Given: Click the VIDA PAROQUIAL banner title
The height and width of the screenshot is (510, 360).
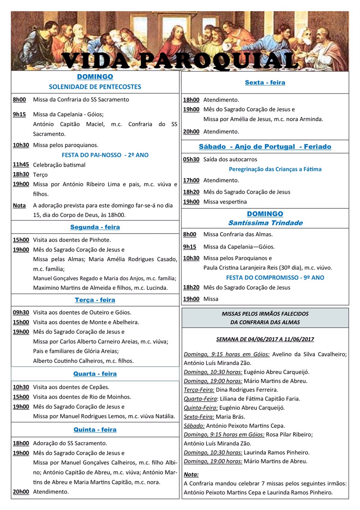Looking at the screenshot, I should pyautogui.click(x=180, y=60).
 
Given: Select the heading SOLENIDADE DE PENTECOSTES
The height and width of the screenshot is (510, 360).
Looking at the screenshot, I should pyautogui.click(x=95, y=87).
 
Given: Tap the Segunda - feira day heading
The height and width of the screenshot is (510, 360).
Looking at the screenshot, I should pyautogui.click(x=95, y=227).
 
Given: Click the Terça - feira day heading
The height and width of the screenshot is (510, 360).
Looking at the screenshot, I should pyautogui.click(x=95, y=300).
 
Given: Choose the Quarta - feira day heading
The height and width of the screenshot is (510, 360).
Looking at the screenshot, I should pyautogui.click(x=95, y=374).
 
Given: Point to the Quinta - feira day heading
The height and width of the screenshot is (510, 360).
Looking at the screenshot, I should pyautogui.click(x=95, y=430).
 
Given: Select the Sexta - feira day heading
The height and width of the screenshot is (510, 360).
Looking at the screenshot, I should pyautogui.click(x=265, y=83).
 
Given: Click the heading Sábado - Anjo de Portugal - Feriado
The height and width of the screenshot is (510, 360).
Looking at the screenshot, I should pyautogui.click(x=265, y=147).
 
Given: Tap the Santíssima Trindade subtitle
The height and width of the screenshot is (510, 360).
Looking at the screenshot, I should pyautogui.click(x=265, y=223).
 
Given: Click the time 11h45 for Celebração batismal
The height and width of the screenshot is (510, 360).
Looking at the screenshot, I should pyautogui.click(x=21, y=164).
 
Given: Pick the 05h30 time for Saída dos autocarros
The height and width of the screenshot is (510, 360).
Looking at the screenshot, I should pyautogui.click(x=191, y=159).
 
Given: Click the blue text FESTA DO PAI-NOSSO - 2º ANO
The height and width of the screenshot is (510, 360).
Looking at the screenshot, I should pyautogui.click(x=105, y=155).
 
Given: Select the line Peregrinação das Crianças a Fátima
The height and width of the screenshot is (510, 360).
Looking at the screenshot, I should pyautogui.click(x=275, y=169).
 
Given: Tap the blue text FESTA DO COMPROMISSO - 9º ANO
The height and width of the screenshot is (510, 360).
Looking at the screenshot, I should pyautogui.click(x=275, y=278).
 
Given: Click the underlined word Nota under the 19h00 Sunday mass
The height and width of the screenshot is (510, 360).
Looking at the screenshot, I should pyautogui.click(x=19, y=205).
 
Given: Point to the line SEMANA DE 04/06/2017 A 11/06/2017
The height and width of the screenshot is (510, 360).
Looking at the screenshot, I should pyautogui.click(x=265, y=339).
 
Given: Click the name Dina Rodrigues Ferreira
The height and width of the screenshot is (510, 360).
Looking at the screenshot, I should pyautogui.click(x=247, y=390).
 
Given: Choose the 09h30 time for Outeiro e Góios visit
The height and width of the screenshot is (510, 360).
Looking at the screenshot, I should pyautogui.click(x=21, y=312).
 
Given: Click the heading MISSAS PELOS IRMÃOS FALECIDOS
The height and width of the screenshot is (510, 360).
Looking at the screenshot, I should pyautogui.click(x=265, y=314).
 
